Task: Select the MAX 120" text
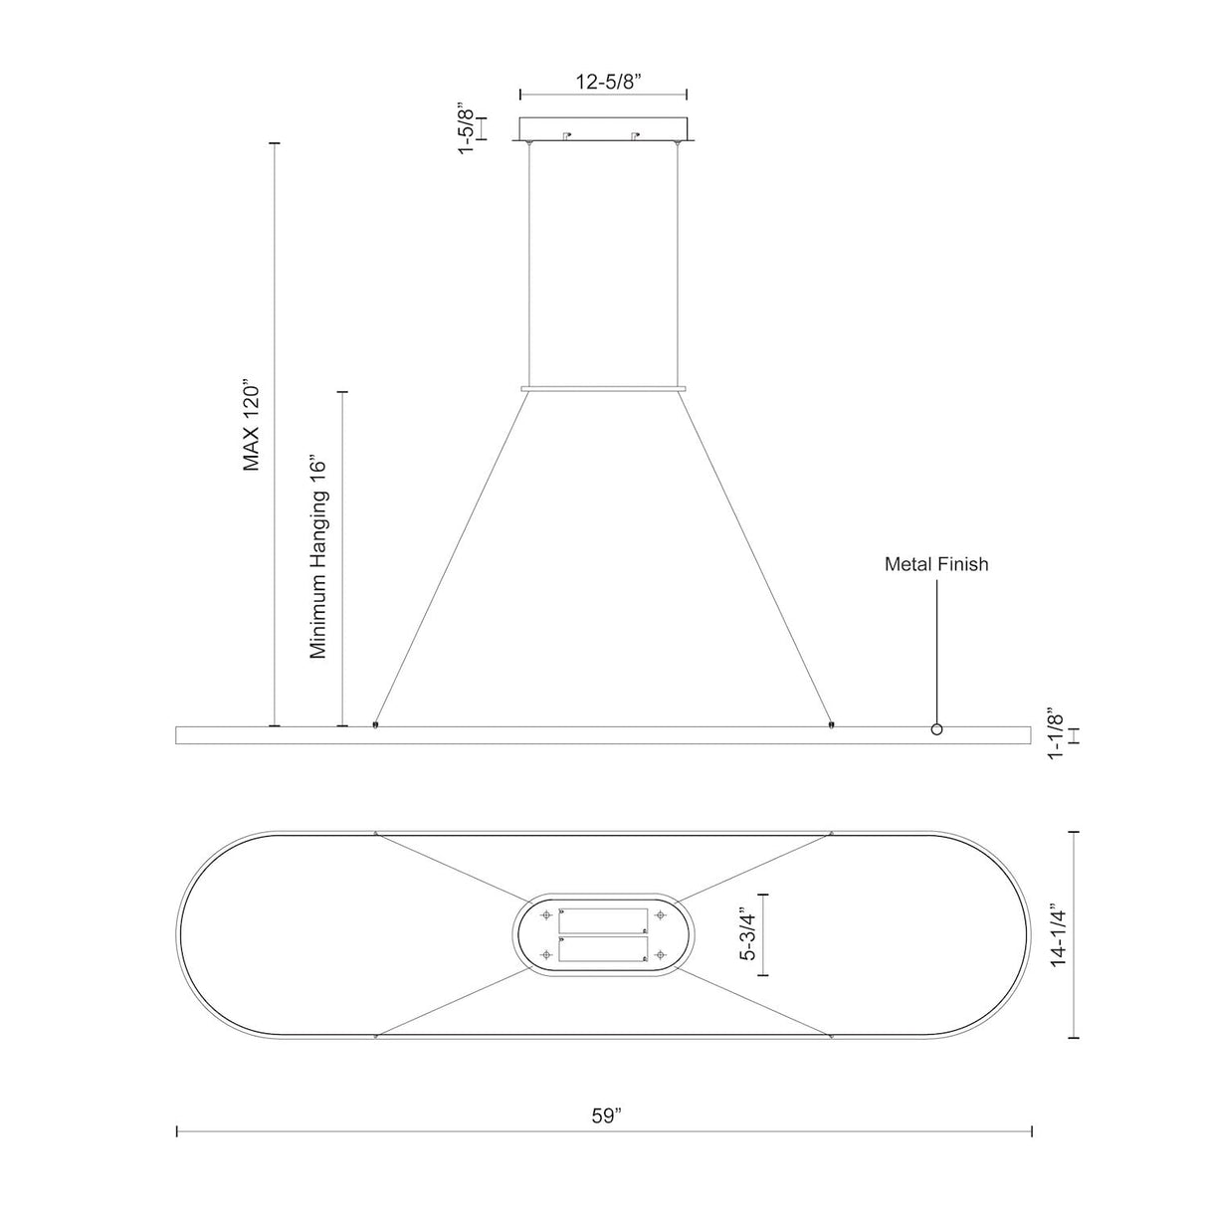[x=251, y=425]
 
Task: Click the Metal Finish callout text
[x=936, y=564]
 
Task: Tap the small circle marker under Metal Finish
[x=936, y=729]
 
